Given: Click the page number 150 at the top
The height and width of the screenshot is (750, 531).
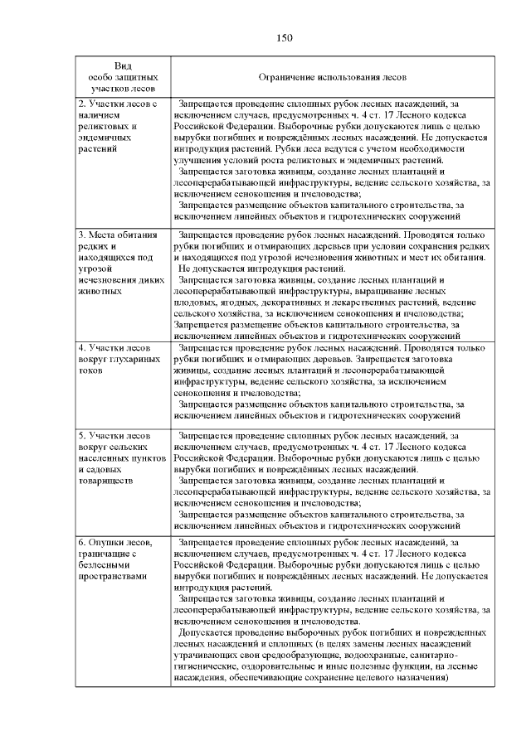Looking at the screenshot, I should (283, 37).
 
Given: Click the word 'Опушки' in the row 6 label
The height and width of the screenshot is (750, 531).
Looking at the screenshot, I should (105, 541).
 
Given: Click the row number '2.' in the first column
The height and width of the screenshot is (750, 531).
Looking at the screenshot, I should (82, 103).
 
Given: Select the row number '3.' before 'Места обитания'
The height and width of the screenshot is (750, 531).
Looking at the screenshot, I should (82, 235).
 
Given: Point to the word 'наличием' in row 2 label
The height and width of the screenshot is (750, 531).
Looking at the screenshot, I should (99, 114).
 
